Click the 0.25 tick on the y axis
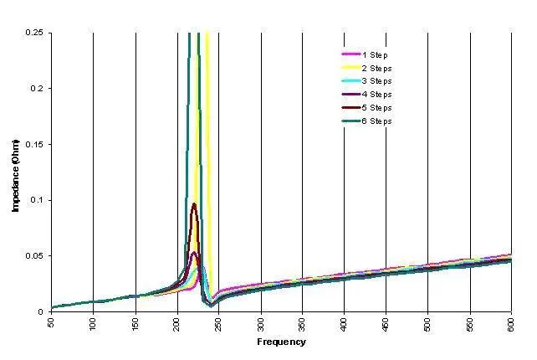pos(35,33)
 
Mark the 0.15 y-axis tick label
pos(35,144)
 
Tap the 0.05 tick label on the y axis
pos(35,256)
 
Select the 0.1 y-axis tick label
pos(38,200)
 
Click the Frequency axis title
pos(280,342)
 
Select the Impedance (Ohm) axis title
pos(16,172)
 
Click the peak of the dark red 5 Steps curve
pos(194,204)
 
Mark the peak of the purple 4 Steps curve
pos(194,253)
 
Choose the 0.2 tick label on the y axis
pos(38,88)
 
